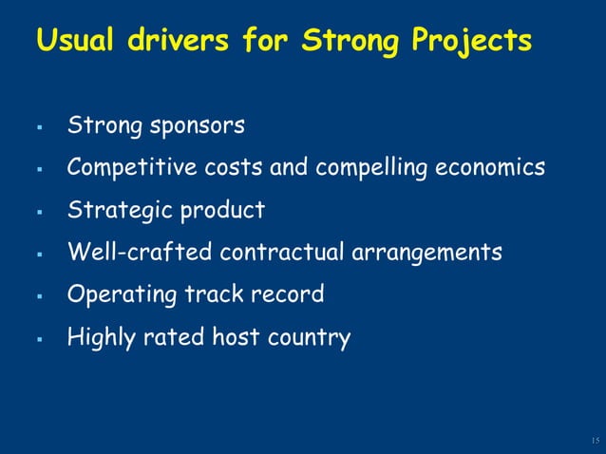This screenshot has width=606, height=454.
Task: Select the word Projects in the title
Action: coord(471,42)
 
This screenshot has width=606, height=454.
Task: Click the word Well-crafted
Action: coord(140,253)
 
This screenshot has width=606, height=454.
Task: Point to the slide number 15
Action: coord(595,441)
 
